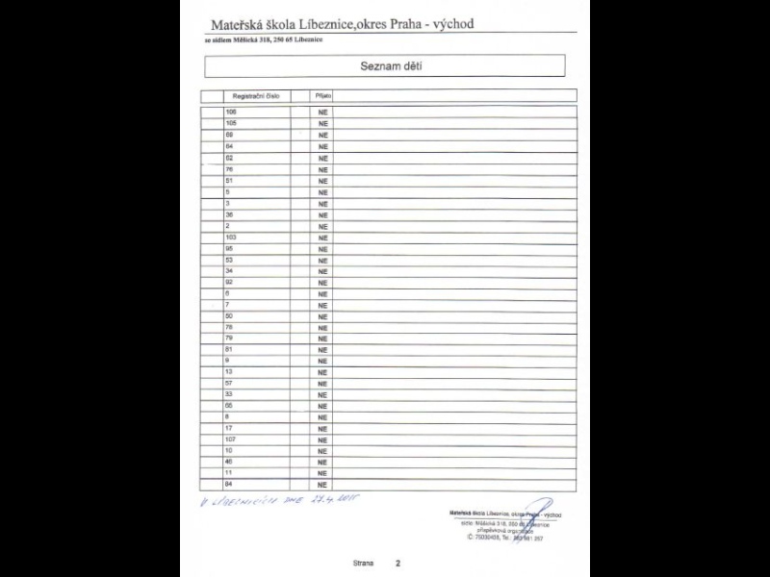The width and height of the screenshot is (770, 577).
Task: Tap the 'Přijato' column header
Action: [x=322, y=96]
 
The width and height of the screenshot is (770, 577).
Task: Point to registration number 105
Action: [x=231, y=124]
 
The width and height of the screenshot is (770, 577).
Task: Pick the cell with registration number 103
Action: [x=231, y=237]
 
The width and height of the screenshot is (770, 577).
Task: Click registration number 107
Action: [x=231, y=439]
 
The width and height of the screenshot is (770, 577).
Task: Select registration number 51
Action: [x=229, y=181]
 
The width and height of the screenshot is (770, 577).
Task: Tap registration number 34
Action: [x=229, y=270]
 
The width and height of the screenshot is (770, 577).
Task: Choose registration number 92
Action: [x=229, y=282]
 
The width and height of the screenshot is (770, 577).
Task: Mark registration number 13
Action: [x=229, y=371]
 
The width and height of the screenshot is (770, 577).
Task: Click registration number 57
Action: [x=229, y=383]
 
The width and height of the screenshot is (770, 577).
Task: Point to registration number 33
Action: [x=229, y=394]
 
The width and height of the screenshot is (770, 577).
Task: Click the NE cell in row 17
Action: [x=323, y=428]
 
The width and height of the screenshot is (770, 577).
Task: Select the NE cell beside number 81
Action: [x=323, y=349]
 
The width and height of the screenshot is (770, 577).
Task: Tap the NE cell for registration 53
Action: [x=323, y=260]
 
